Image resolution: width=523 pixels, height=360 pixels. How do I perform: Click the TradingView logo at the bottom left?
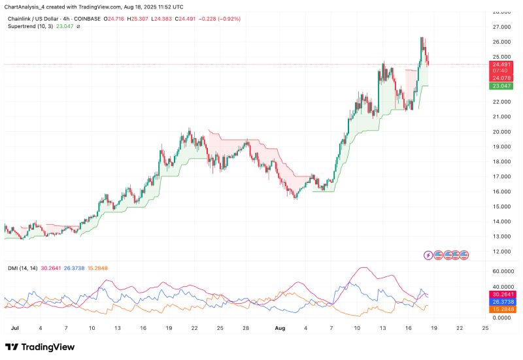pyautogui.click(x=40, y=347)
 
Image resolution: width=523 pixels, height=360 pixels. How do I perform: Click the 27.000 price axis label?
pyautogui.click(x=501, y=27)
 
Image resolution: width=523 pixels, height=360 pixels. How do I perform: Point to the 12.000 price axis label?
pyautogui.click(x=501, y=252)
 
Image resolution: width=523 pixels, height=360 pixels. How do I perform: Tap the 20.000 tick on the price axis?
pyautogui.click(x=501, y=131)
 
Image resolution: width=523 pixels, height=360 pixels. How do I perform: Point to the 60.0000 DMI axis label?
pyautogui.click(x=503, y=271)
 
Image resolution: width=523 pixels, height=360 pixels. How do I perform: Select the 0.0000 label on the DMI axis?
pyautogui.click(x=503, y=318)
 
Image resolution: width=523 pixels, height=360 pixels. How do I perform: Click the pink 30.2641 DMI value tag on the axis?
pyautogui.click(x=501, y=295)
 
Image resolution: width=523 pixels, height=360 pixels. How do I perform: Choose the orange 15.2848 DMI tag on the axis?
pyautogui.click(x=501, y=309)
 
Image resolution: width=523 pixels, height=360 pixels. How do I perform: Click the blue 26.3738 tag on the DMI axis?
pyautogui.click(x=501, y=302)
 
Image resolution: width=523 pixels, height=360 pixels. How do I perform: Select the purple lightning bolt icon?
pyautogui.click(x=428, y=255)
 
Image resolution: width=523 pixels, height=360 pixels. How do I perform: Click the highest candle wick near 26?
pyautogui.click(x=422, y=38)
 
